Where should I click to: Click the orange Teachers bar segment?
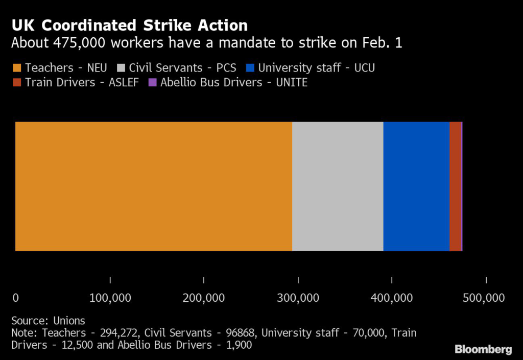(153, 186)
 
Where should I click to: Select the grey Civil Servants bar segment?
(338, 186)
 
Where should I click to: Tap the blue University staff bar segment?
(416, 186)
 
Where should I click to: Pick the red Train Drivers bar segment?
(455, 186)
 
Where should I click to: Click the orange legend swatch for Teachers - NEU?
(16, 68)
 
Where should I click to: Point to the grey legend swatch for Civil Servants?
(121, 68)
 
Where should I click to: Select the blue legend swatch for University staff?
(250, 68)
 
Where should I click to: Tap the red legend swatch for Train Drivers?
(16, 83)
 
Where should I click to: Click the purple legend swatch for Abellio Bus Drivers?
(152, 83)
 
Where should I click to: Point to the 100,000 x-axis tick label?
(110, 298)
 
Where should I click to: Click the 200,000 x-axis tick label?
(204, 298)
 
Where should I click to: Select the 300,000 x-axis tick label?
(298, 298)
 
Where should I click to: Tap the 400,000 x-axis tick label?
(392, 298)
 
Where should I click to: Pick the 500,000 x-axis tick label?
(485, 298)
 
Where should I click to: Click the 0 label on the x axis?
(15, 298)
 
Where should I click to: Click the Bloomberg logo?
(483, 349)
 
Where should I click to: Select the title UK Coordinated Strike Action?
(129, 26)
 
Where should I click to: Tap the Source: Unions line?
(48, 321)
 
